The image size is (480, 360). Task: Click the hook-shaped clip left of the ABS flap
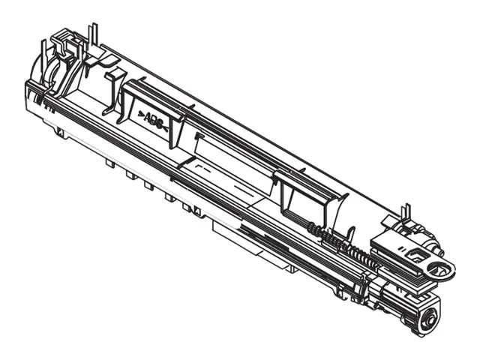[112, 86]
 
